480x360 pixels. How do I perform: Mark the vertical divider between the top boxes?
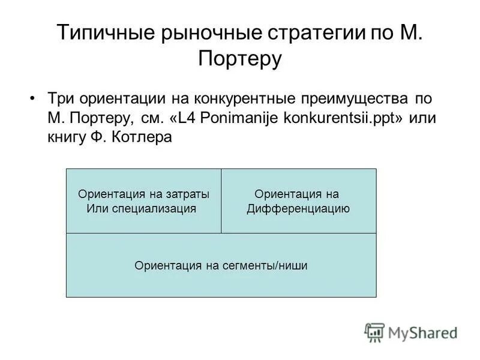(221, 200)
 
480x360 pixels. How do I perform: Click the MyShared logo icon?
(374, 332)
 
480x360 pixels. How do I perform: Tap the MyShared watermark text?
(422, 332)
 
